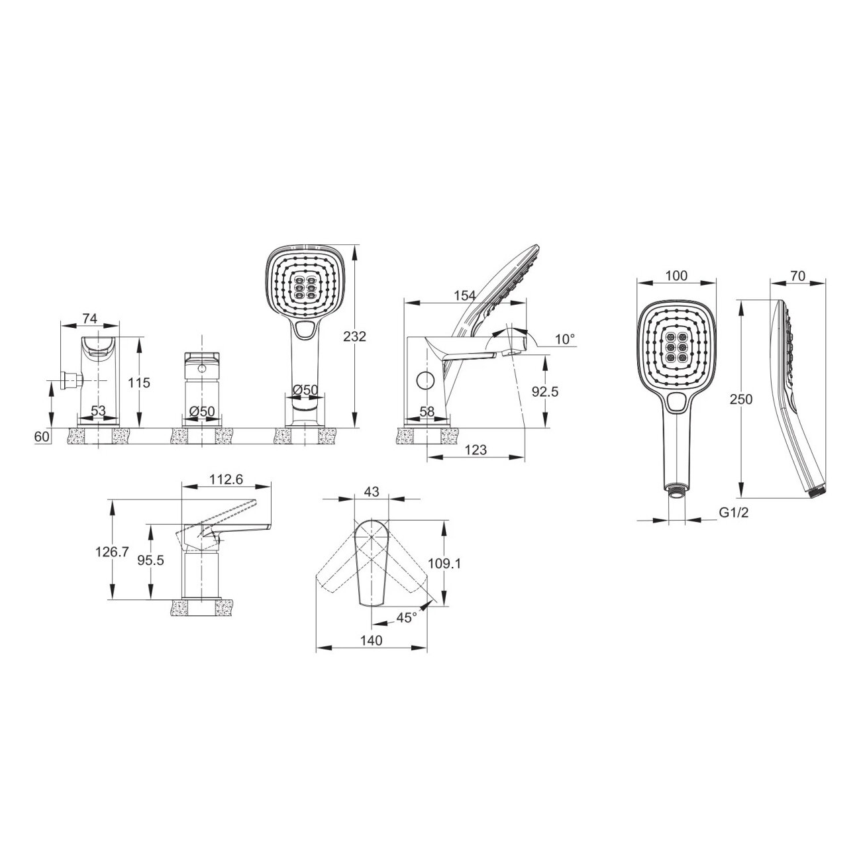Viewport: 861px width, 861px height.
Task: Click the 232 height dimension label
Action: pyautogui.click(x=354, y=336)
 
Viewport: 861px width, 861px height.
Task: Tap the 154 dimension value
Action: pyautogui.click(x=465, y=295)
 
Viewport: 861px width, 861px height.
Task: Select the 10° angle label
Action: pyautogui.click(x=565, y=339)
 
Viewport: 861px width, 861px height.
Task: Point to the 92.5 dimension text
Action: pyautogui.click(x=545, y=392)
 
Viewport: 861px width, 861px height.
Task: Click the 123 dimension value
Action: pyautogui.click(x=476, y=450)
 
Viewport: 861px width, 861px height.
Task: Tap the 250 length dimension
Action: pyautogui.click(x=741, y=399)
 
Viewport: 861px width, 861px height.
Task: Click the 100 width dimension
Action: pyautogui.click(x=676, y=276)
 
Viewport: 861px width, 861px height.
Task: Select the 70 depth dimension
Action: pyautogui.click(x=797, y=276)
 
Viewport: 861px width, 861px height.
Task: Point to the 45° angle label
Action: pyautogui.click(x=407, y=617)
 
